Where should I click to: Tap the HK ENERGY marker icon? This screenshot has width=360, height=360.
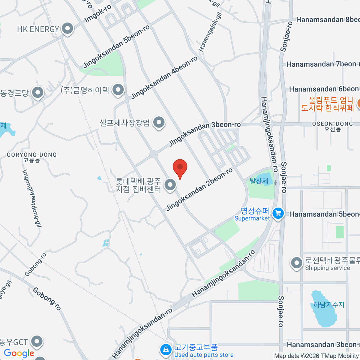pyautogui.click(x=67, y=29)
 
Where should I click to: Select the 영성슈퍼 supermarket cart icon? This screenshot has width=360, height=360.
pyautogui.click(x=278, y=214)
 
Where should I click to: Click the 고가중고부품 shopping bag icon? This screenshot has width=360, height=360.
pyautogui.click(x=165, y=349)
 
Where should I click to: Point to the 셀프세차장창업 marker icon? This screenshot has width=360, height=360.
pyautogui.click(x=159, y=122)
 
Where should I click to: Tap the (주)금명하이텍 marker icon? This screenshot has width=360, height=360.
pyautogui.click(x=118, y=90)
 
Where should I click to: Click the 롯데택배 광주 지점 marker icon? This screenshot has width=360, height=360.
pyautogui.click(x=170, y=185)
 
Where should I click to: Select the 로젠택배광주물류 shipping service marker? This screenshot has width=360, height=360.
pyautogui.click(x=297, y=263)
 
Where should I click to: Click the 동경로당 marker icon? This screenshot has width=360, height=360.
pyautogui.click(x=38, y=93)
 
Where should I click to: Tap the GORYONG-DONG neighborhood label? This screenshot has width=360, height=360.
pyautogui.click(x=32, y=157)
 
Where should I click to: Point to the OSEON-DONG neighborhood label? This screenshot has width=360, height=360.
pyautogui.click(x=332, y=126)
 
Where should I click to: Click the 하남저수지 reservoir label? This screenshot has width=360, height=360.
pyautogui.click(x=329, y=305)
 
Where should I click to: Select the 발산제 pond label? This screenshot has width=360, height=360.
pyautogui.click(x=259, y=181)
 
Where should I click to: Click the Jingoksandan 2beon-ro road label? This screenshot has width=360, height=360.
pyautogui.click(x=199, y=190)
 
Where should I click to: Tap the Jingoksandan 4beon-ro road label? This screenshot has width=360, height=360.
pyautogui.click(x=164, y=78)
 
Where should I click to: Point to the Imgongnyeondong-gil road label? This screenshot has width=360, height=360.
pyautogui.click(x=31, y=198)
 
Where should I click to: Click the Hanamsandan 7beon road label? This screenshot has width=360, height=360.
pyautogui.click(x=322, y=64)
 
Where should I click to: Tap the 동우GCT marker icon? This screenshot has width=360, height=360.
pyautogui.click(x=37, y=341)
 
